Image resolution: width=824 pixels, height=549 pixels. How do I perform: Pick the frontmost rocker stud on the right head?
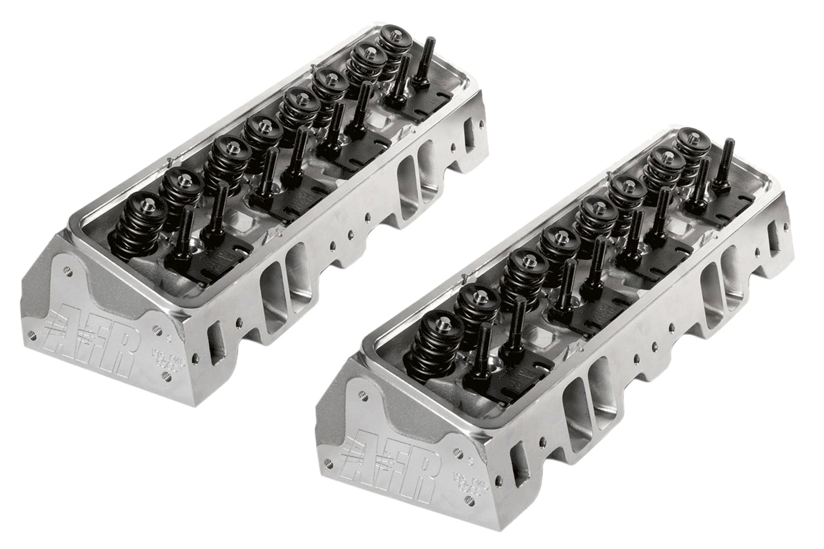click(x=480, y=347)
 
